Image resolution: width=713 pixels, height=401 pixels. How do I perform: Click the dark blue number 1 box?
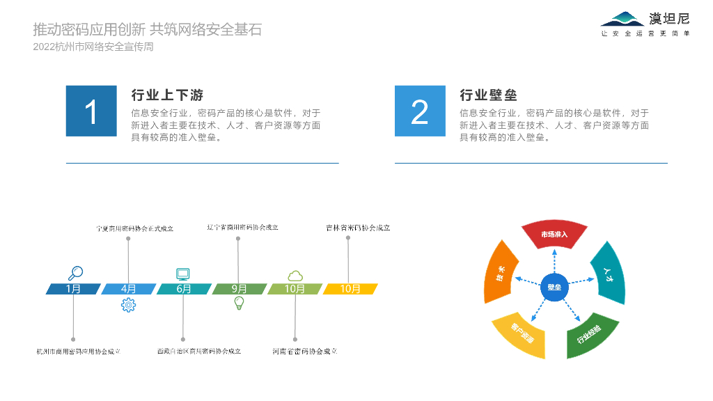[91, 111]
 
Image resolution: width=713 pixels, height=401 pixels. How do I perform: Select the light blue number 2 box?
[420, 111]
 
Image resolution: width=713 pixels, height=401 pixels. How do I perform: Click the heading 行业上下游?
[167, 95]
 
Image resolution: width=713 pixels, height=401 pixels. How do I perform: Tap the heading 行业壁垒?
[488, 95]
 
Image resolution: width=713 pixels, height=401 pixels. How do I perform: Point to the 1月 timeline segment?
[73, 289]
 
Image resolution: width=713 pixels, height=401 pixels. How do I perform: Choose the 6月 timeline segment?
[184, 289]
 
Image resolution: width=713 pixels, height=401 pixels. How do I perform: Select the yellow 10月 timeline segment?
[350, 289]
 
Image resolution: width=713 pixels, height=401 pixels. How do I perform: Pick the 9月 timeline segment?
[240, 289]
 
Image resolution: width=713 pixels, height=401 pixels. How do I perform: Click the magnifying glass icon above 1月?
[76, 274]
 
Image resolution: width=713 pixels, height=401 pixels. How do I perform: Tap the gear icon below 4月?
[128, 305]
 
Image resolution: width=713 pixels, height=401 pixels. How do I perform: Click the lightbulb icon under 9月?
[239, 303]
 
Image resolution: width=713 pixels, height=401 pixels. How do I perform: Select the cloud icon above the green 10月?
[295, 275]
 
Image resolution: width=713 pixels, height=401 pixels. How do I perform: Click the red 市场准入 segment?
[555, 235]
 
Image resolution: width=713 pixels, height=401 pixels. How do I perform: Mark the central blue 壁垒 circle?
[554, 288]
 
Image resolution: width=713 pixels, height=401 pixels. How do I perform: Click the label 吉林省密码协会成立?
[358, 228]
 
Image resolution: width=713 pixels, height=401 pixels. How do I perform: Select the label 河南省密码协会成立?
[305, 352]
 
